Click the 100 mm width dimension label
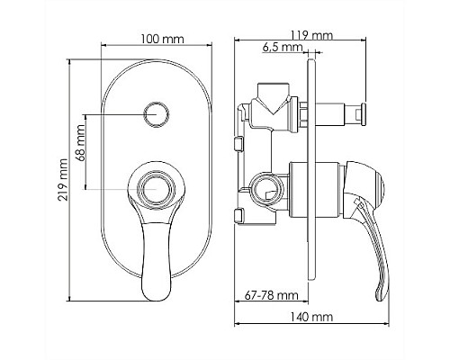(x=162, y=39)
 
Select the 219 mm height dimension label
(x=63, y=180)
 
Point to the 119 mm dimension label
(x=312, y=35)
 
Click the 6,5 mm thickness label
(x=283, y=47)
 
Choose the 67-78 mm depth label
(x=272, y=295)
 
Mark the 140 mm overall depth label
(x=311, y=317)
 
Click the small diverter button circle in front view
(x=157, y=115)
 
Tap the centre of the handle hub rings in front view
(x=156, y=190)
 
